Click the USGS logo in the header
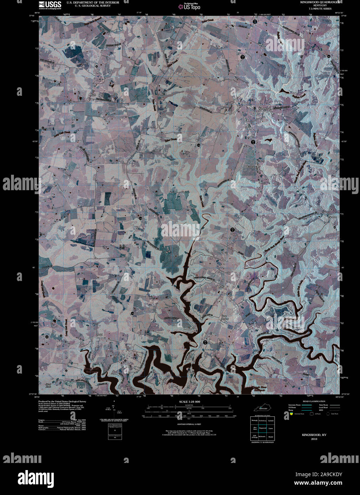49,5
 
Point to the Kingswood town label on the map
265,108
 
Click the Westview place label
251,167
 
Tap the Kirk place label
94,95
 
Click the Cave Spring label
224,317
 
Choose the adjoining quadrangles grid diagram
262,429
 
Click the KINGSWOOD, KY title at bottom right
314,435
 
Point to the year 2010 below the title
314,439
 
